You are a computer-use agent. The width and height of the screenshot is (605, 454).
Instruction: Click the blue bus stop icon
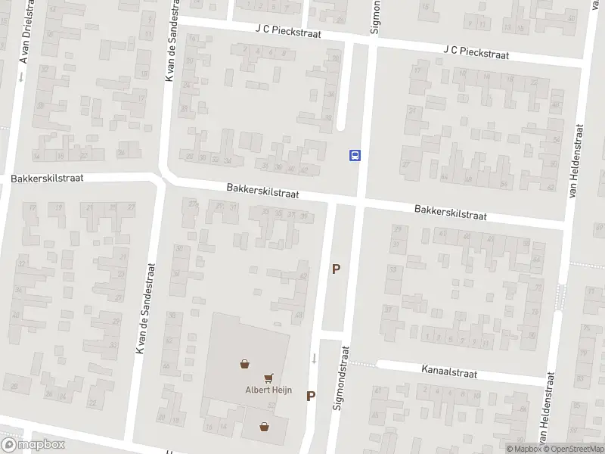coord(355,155)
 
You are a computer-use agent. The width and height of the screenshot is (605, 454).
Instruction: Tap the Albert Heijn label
coord(263,390)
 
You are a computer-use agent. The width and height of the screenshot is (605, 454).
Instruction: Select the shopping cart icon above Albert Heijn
coord(268,378)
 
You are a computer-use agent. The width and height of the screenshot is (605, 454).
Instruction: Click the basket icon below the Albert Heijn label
coord(263,427)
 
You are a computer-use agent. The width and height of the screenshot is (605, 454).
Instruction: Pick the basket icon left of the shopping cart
coord(245,364)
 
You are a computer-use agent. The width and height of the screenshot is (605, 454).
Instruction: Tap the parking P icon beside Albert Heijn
coord(311,396)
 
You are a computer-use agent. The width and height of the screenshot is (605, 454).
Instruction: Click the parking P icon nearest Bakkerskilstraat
coord(336,269)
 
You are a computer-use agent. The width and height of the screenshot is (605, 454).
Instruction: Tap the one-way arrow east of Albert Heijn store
coord(314,357)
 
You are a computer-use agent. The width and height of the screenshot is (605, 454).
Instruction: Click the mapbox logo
coord(33,445)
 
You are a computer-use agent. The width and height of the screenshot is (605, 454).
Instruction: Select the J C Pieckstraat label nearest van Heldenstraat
coord(476,53)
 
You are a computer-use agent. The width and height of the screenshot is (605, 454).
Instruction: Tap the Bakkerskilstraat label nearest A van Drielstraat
coord(47,179)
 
